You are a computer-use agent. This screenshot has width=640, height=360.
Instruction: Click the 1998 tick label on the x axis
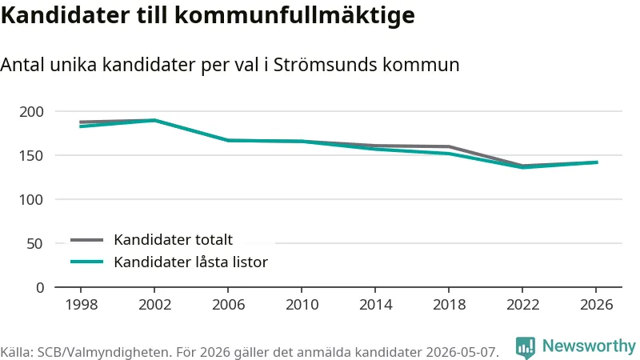click(x=82, y=305)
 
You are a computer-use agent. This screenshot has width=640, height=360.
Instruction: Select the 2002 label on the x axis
click(x=154, y=305)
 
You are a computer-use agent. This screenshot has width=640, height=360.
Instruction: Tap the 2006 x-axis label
click(x=228, y=305)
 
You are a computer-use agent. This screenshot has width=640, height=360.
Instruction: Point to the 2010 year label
click(x=302, y=305)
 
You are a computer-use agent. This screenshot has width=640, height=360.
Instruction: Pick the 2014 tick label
click(x=375, y=305)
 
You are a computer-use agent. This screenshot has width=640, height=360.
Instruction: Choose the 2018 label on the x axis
click(x=449, y=305)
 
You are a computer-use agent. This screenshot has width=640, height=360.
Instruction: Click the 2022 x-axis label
click(x=523, y=305)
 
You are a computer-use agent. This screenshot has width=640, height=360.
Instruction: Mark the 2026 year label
click(x=596, y=305)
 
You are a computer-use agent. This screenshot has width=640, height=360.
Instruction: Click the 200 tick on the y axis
click(x=31, y=111)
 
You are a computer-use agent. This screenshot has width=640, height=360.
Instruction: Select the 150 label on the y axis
click(x=31, y=155)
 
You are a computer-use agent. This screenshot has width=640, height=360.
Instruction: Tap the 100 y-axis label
click(x=31, y=199)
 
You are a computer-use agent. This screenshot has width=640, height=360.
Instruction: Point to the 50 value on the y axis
click(x=34, y=244)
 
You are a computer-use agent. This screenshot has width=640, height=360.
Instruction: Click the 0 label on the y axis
click(x=39, y=288)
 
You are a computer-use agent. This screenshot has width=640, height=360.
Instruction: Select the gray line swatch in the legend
click(x=86, y=240)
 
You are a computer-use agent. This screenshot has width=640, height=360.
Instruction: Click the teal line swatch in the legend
click(x=86, y=262)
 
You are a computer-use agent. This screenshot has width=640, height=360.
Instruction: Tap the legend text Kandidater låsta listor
click(x=190, y=262)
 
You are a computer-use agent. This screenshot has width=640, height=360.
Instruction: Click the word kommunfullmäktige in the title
click(x=294, y=15)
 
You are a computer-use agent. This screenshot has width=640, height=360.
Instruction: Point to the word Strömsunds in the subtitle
click(x=325, y=65)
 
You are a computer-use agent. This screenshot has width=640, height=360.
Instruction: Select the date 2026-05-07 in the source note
click(x=462, y=352)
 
